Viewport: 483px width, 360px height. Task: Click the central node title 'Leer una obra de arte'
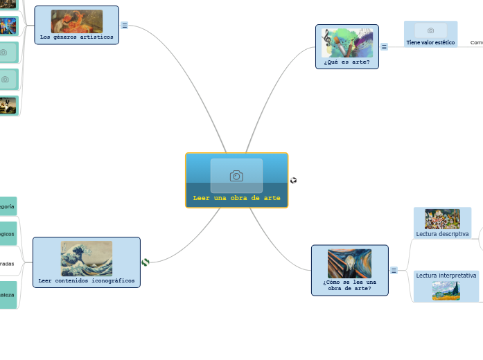tap(236, 198)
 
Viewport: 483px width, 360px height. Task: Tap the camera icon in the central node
tap(236, 176)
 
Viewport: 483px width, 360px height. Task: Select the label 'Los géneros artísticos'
tap(76, 37)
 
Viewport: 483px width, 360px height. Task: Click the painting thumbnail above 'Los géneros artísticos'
tap(76, 21)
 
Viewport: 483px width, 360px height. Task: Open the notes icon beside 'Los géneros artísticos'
tap(125, 25)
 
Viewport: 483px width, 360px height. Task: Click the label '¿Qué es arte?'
tap(346, 62)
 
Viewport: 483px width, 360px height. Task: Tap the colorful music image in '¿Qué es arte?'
tap(347, 42)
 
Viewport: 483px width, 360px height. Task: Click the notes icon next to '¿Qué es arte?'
tap(384, 47)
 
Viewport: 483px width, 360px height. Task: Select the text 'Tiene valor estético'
tap(430, 43)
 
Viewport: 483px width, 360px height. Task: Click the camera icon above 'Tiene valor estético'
tap(431, 30)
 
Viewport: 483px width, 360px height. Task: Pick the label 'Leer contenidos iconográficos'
tap(87, 280)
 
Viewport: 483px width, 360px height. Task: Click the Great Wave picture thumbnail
tap(87, 258)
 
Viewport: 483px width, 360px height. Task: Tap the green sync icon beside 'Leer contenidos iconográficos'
tap(146, 262)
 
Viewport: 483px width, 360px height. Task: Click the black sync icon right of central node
tap(294, 180)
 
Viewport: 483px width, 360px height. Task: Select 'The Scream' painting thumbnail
tap(349, 263)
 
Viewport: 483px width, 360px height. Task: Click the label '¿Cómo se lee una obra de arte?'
tap(349, 285)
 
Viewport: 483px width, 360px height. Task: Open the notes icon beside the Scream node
tap(394, 270)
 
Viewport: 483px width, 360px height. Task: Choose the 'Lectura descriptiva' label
tap(442, 234)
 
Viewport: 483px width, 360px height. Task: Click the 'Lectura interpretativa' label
tap(446, 275)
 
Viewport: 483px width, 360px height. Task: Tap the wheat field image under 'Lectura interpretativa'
tap(446, 291)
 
